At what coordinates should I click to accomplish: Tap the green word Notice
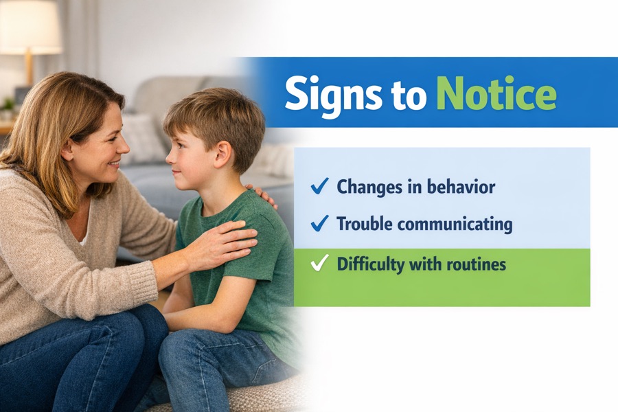click(x=496, y=93)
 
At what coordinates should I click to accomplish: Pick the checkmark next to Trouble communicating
click(x=319, y=223)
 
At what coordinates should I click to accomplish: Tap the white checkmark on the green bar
click(x=319, y=262)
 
